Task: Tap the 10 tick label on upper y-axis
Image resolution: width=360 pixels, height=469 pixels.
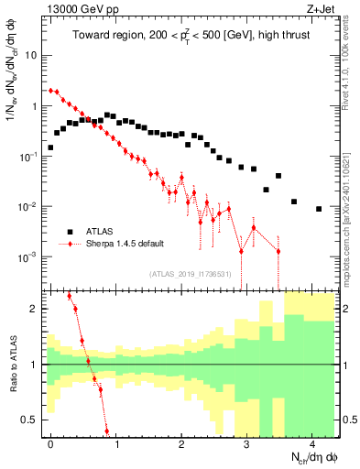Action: click(x=30, y=55)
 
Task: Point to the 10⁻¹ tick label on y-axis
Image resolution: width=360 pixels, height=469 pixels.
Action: click(x=28, y=157)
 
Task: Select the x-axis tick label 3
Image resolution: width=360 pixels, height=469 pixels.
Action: click(x=246, y=442)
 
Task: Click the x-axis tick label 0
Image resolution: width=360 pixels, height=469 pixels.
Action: click(x=50, y=442)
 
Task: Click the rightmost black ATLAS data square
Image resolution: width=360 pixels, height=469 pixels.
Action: click(x=318, y=209)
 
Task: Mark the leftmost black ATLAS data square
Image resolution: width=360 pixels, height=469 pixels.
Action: click(x=50, y=147)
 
